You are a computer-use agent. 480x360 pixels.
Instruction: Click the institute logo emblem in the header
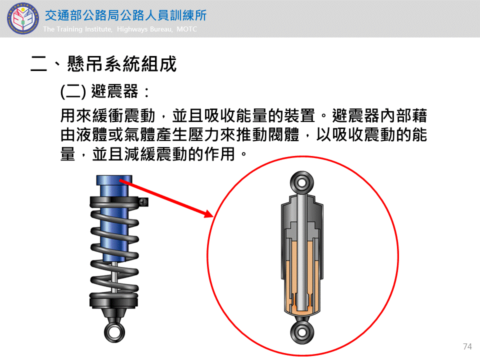(x=23, y=18)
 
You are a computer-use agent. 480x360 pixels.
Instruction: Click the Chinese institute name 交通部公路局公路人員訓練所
(x=126, y=15)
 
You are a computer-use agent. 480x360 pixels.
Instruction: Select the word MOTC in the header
(x=186, y=29)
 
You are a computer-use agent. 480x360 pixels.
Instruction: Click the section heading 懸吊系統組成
(x=122, y=64)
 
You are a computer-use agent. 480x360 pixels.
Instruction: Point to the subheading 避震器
(x=115, y=91)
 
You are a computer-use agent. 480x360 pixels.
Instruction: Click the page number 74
(x=467, y=346)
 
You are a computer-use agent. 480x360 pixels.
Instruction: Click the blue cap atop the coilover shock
(x=114, y=180)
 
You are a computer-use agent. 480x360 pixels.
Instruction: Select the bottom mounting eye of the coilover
(x=114, y=332)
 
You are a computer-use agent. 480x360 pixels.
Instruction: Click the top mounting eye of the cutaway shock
(x=302, y=183)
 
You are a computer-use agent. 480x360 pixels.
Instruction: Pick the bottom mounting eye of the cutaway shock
(x=302, y=333)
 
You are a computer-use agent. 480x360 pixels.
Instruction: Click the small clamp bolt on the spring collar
(x=144, y=201)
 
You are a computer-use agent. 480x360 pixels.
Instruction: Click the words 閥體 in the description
(x=283, y=135)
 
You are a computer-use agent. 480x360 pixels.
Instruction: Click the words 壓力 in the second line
(x=204, y=135)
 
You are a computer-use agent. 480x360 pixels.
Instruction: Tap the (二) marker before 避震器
(x=73, y=91)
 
